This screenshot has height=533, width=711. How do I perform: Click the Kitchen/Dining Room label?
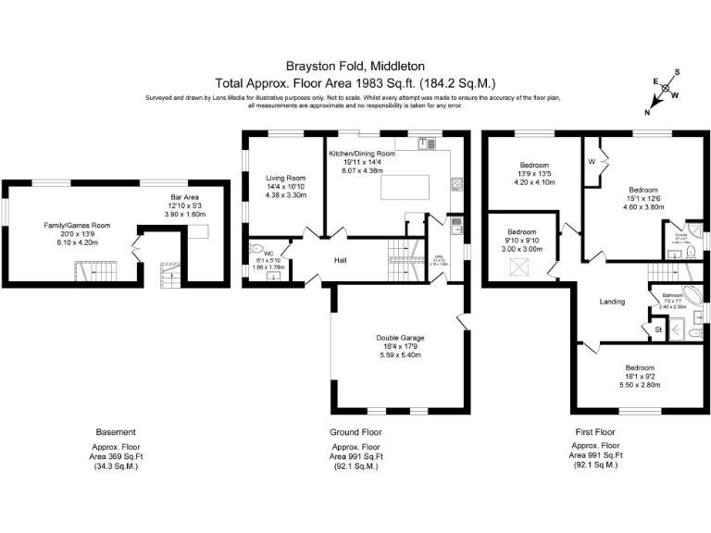pos(362,154)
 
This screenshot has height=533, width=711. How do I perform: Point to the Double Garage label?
pos(400,338)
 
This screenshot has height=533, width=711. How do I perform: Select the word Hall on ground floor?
pos(341,260)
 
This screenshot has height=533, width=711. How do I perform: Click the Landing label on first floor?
pos(612,302)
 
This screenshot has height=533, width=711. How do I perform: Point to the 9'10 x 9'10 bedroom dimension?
pos(521,241)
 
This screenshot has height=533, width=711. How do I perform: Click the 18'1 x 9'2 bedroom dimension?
pos(639,376)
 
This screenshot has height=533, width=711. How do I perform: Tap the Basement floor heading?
pos(116,432)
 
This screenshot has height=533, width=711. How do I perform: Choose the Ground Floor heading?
pos(355,432)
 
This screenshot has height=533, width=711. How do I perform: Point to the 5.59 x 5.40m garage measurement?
pos(400,355)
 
